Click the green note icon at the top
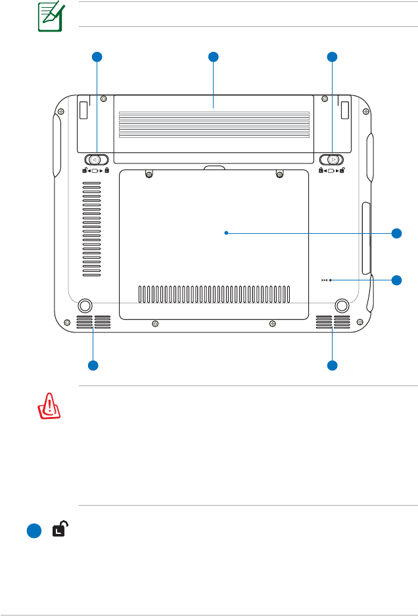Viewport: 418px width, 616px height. pyautogui.click(x=49, y=17)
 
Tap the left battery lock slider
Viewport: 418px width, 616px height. pyautogui.click(x=96, y=160)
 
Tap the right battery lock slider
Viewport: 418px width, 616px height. pyautogui.click(x=332, y=160)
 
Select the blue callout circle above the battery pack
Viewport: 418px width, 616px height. pyautogui.click(x=214, y=57)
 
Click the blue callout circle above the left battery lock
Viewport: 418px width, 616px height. pyautogui.click(x=97, y=57)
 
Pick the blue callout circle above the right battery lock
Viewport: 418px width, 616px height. pyautogui.click(x=332, y=57)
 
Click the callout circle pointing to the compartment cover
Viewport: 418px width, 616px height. pyautogui.click(x=396, y=233)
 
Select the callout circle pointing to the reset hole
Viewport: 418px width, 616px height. pyautogui.click(x=396, y=280)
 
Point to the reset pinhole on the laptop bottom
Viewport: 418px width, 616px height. pyautogui.click(x=331, y=280)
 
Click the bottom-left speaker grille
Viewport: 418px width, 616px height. pyautogui.click(x=93, y=322)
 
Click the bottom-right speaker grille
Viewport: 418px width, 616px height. pyautogui.click(x=333, y=322)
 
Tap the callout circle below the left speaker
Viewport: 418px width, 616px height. pyautogui.click(x=93, y=365)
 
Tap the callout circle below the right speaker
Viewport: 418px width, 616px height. pyautogui.click(x=333, y=365)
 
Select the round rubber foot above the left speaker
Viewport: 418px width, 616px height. pyautogui.click(x=84, y=305)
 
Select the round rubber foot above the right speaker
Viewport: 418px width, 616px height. pyautogui.click(x=342, y=305)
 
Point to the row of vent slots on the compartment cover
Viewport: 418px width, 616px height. pyautogui.click(x=214, y=295)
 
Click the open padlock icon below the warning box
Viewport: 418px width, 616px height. pyautogui.click(x=60, y=530)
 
